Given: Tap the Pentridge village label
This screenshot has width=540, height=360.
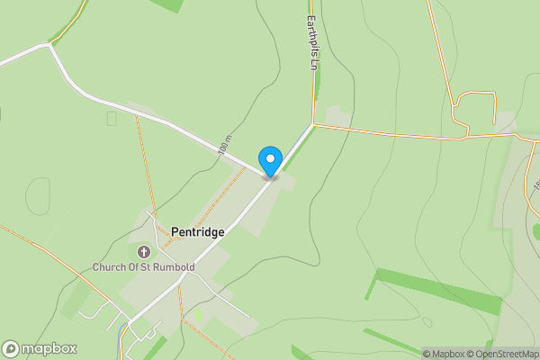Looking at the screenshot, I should [x=197, y=231].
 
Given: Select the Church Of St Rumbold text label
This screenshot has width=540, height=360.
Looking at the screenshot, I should [x=144, y=266].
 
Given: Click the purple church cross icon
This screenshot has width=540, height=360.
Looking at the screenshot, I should [x=145, y=251].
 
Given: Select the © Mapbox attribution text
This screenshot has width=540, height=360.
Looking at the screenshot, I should [x=443, y=354].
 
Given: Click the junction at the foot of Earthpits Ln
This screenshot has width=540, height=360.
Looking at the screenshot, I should [x=314, y=124].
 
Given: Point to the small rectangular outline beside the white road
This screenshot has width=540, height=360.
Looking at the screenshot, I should [x=112, y=118].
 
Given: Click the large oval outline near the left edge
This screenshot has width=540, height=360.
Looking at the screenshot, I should [x=38, y=195].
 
